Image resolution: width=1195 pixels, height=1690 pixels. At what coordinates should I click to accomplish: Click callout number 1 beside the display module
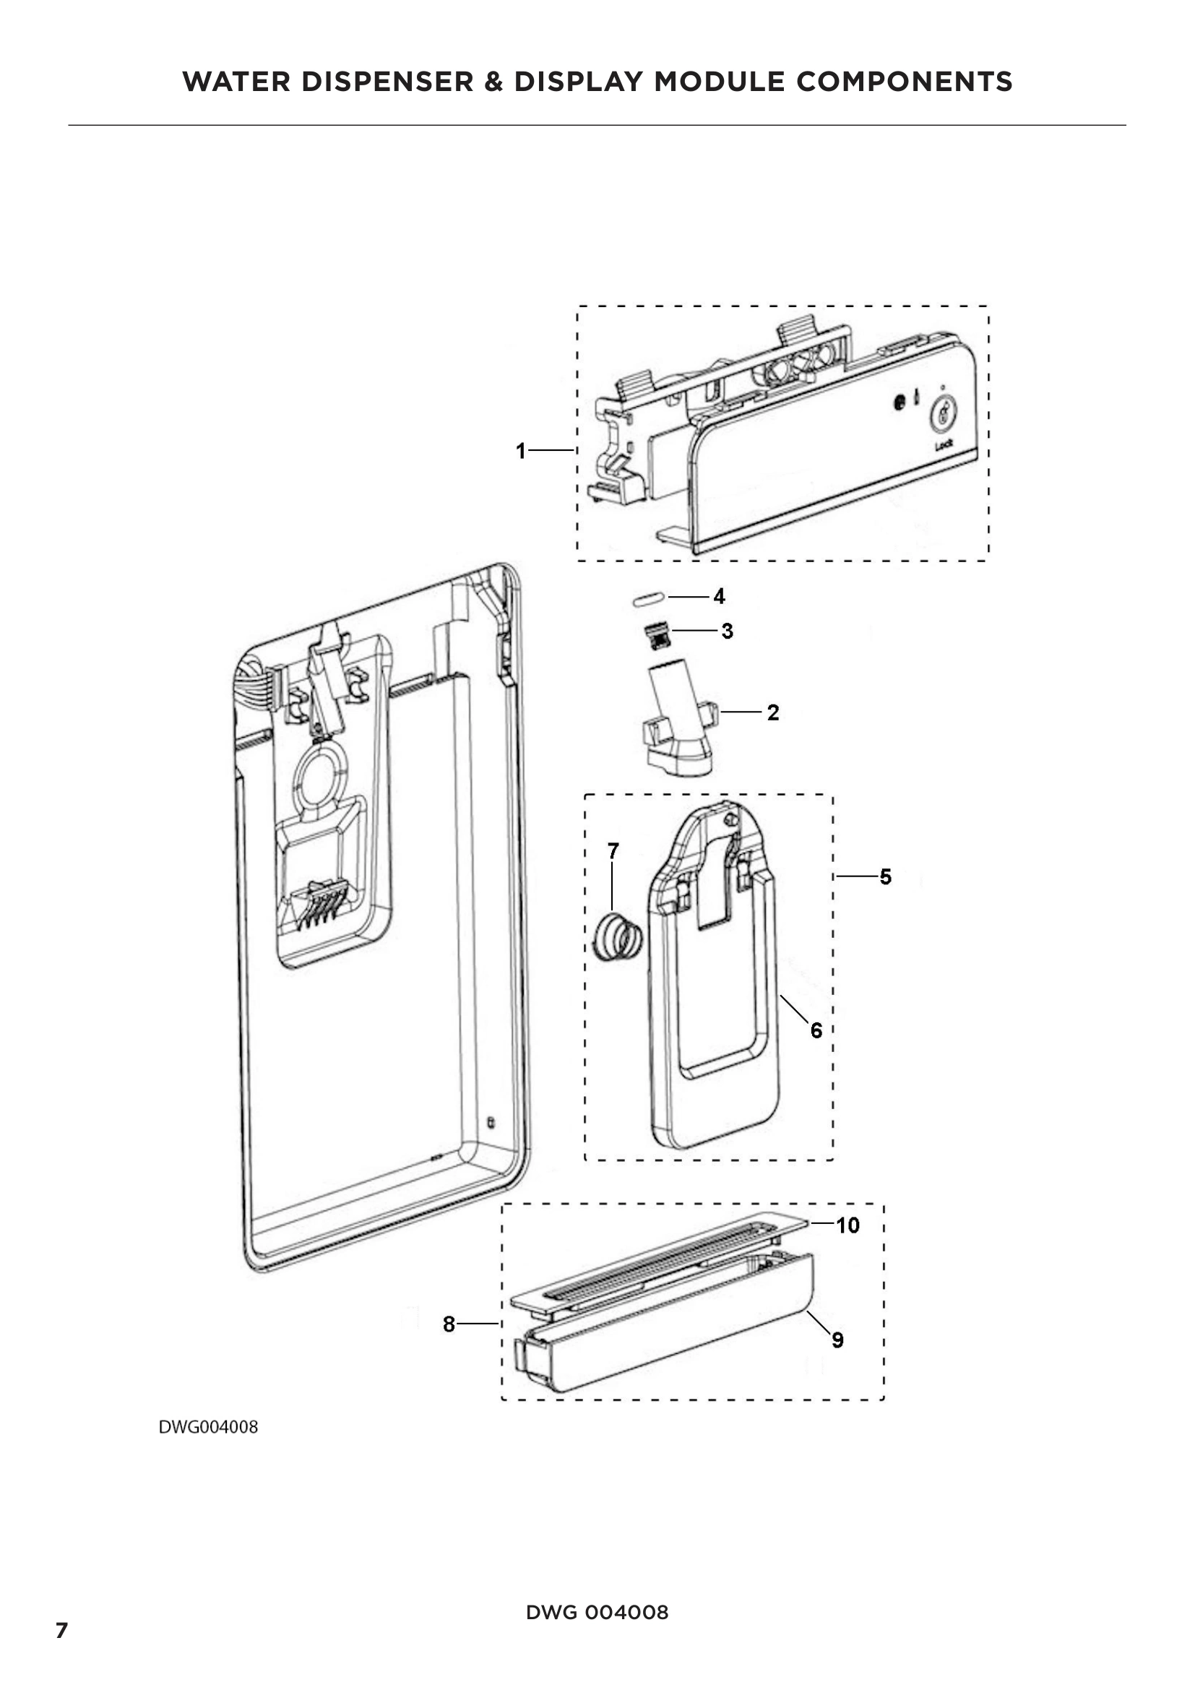click(x=521, y=450)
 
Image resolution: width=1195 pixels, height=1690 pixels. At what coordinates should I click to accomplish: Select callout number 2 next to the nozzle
click(x=772, y=712)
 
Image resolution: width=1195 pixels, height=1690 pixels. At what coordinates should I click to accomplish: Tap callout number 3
click(x=727, y=631)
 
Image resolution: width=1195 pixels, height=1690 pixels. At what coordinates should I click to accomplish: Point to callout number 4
click(x=719, y=596)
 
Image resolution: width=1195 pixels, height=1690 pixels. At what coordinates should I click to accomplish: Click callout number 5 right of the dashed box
click(x=885, y=876)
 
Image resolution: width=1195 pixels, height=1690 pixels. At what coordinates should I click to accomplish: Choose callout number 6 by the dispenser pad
click(x=816, y=1030)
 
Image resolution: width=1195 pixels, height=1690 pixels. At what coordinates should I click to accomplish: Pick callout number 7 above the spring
click(x=613, y=851)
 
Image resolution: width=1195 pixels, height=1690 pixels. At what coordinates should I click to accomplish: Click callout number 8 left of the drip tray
click(x=449, y=1324)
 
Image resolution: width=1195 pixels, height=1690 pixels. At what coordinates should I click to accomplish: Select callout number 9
click(x=837, y=1340)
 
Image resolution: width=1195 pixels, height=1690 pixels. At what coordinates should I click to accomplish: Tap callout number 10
click(x=847, y=1225)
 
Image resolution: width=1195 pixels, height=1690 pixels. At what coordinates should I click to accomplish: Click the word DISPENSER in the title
click(x=387, y=82)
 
